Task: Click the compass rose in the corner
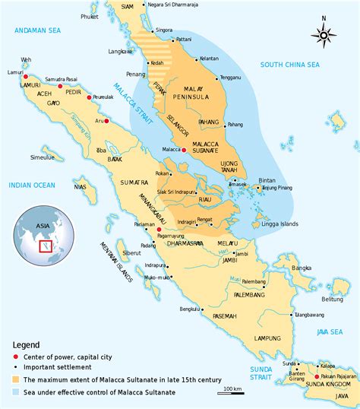(324, 33)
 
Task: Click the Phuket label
(91, 15)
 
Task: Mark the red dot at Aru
(106, 121)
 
